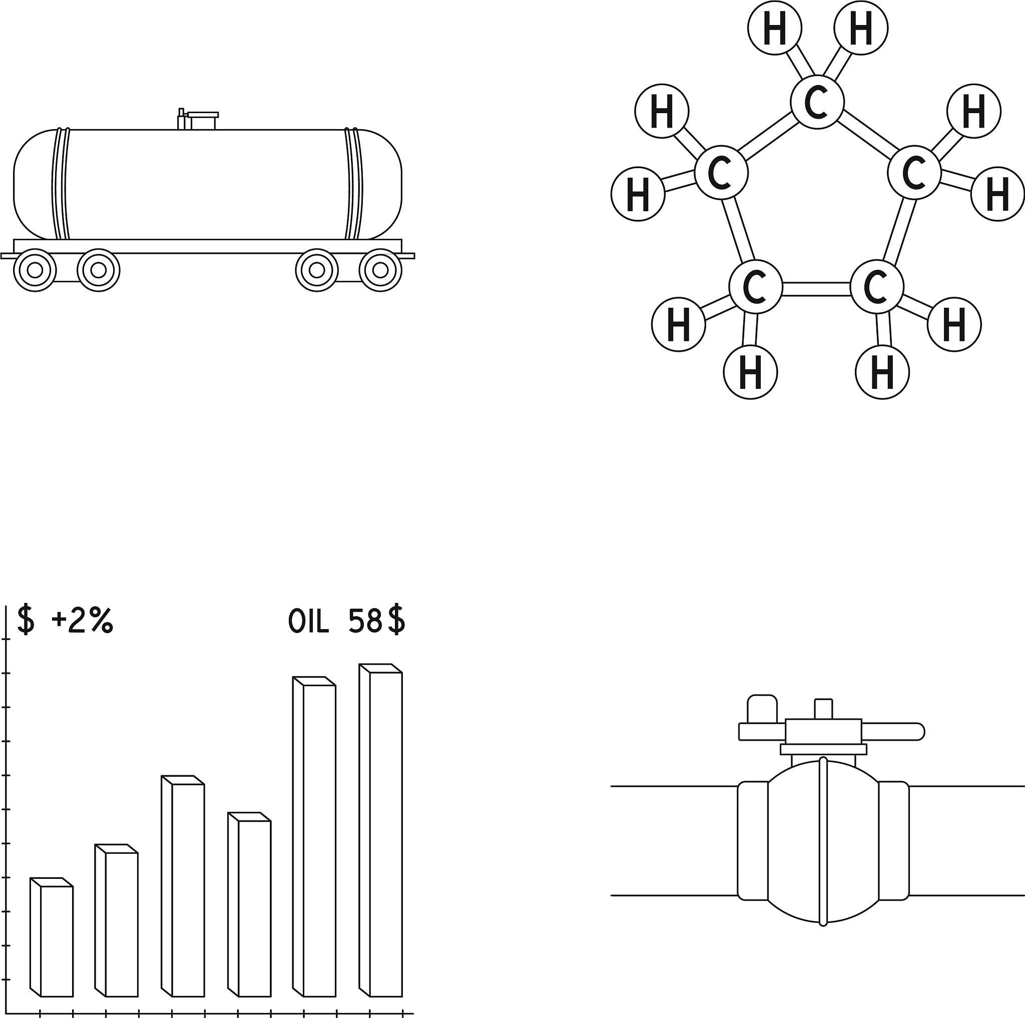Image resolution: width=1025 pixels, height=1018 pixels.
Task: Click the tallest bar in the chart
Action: (x=385, y=833)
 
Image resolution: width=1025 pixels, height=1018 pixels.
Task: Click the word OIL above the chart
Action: (x=308, y=621)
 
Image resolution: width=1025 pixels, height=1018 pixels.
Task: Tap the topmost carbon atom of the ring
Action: (x=816, y=103)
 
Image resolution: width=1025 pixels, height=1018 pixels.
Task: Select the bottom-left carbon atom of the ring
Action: (x=755, y=287)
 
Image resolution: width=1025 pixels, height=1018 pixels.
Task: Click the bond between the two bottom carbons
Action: (x=816, y=289)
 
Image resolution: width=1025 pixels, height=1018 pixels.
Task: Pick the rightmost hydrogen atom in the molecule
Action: (x=997, y=194)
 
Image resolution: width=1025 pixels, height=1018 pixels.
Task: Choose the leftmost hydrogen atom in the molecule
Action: (x=638, y=194)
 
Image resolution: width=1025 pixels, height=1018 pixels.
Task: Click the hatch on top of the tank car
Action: (x=202, y=121)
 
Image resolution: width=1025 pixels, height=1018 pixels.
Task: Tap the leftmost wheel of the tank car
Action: (x=35, y=270)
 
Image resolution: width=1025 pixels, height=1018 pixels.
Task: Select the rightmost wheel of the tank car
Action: (x=380, y=270)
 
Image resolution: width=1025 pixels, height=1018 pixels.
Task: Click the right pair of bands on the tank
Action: (x=354, y=184)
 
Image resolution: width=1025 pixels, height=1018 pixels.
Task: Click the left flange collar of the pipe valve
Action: (x=752, y=841)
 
